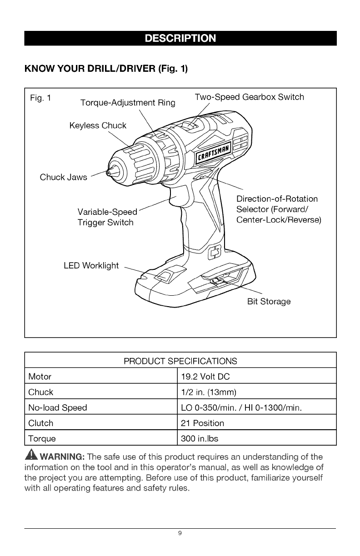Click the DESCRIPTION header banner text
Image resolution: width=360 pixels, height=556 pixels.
click(x=180, y=38)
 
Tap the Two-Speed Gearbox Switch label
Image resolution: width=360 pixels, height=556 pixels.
click(x=249, y=97)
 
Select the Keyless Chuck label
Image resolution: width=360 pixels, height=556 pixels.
click(x=98, y=125)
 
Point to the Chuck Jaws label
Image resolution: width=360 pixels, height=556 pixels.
click(x=63, y=177)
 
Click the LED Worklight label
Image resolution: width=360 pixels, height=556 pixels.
click(x=91, y=265)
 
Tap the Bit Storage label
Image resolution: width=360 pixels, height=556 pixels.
click(x=269, y=302)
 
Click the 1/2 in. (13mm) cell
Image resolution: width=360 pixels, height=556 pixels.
click(x=209, y=392)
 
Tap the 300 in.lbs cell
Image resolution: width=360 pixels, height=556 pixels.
click(x=200, y=439)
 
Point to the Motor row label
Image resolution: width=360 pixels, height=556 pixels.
click(x=40, y=377)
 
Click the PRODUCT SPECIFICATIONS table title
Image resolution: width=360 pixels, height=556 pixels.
click(x=180, y=361)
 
